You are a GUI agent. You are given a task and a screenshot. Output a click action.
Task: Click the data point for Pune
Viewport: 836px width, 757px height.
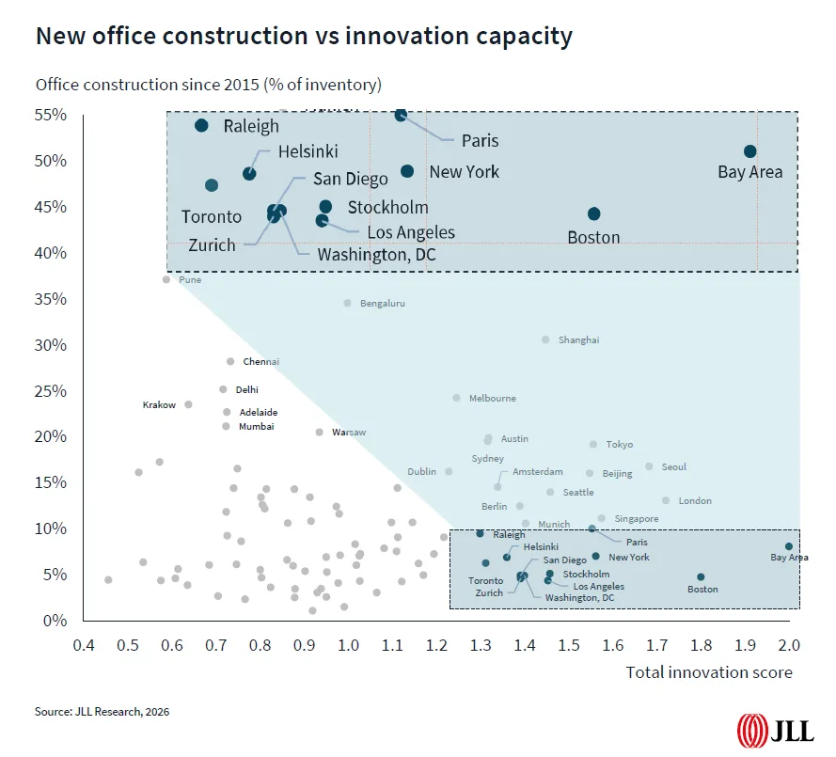(166, 279)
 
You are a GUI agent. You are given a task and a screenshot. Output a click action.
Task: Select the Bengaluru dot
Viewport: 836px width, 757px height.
(347, 303)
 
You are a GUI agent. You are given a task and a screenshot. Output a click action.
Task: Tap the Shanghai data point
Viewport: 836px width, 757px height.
(545, 339)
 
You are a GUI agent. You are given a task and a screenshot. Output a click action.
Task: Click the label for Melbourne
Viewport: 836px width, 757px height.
(492, 398)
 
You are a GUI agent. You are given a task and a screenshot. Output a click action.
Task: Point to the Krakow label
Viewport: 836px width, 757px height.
(159, 404)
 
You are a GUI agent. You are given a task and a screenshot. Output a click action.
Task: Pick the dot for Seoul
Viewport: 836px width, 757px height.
(649, 466)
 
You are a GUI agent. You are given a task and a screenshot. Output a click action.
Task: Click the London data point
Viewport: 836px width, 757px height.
(666, 500)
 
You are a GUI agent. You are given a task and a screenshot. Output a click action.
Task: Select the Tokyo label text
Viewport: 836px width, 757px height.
(619, 444)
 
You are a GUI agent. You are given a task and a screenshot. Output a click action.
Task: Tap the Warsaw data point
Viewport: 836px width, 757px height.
(319, 433)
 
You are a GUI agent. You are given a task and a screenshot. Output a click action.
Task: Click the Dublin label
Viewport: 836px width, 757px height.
(421, 471)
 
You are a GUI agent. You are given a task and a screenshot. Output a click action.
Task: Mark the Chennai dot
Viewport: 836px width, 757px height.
(229, 361)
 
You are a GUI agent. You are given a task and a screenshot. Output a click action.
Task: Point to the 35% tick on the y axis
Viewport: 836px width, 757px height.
(52, 299)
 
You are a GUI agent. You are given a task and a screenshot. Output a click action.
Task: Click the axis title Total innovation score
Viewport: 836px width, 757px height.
(709, 671)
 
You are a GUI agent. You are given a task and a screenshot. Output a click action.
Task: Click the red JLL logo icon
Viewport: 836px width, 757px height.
(751, 729)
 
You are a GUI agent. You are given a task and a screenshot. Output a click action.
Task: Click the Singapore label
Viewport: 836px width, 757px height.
(636, 518)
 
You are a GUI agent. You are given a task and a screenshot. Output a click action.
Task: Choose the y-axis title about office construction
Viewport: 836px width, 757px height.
(208, 85)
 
